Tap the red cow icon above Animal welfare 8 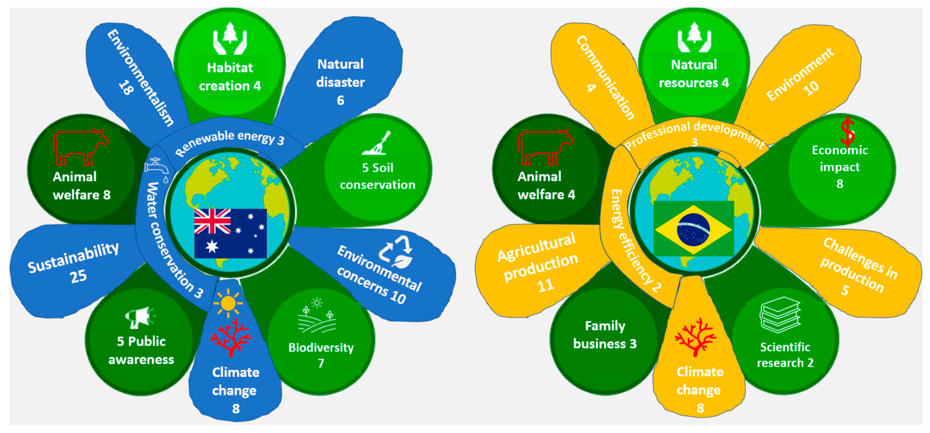(80, 146)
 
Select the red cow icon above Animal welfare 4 (545, 146)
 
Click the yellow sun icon (228, 303)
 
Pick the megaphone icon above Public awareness (139, 317)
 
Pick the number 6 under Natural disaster (340, 100)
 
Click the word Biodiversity (321, 347)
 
